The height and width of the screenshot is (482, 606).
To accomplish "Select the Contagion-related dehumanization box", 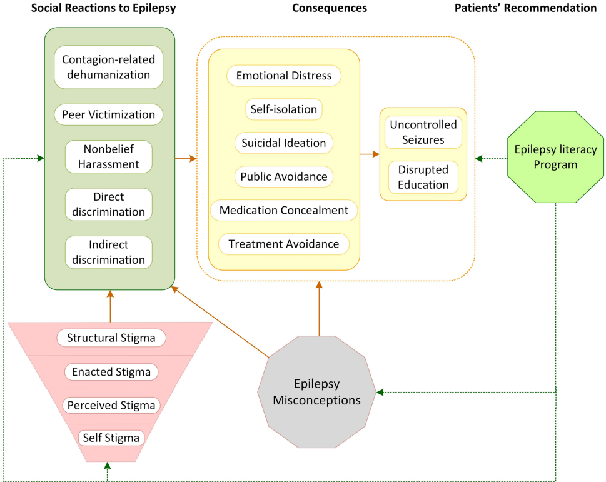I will coord(108,67).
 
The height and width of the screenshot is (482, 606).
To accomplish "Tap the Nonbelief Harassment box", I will coord(108,157).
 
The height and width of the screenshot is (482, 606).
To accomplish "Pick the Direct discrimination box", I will coord(108,204).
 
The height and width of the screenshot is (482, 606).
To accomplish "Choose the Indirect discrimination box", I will coord(108,252).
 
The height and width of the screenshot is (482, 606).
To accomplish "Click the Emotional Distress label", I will coord(283,76).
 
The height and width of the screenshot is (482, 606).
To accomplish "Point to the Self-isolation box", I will coord(283,109).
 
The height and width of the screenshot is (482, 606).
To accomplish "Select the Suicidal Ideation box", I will coord(283,143).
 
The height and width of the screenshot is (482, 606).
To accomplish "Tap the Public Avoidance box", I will coord(283,176).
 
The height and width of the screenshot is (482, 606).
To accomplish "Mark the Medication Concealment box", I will coord(283,210).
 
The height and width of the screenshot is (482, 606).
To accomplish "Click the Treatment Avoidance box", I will coord(283,244).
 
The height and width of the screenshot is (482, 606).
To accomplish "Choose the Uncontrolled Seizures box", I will coord(423,132).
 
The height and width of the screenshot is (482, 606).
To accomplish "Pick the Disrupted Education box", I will coord(423,178).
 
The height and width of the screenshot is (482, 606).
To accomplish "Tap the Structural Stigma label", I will coord(111,338).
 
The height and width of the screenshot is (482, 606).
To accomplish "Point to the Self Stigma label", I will coord(111,437).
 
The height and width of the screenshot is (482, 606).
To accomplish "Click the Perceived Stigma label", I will coord(111,405).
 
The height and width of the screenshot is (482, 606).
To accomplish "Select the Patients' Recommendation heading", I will coord(525,8).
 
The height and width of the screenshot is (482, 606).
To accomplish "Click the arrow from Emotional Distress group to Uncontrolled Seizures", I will coord(370,153).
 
